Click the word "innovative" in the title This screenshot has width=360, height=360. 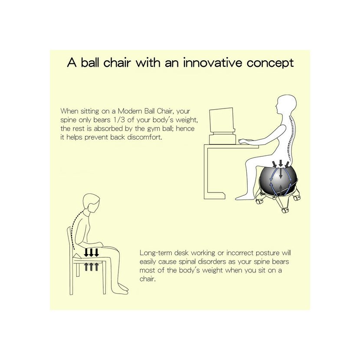(213, 63)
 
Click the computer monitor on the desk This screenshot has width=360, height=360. (221, 120)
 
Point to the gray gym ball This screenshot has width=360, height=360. (278, 181)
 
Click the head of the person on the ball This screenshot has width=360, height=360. (286, 105)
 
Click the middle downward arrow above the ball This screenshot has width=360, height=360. (281, 163)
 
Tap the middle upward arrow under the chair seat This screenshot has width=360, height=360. (91, 267)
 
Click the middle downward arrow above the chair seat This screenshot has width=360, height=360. (91, 252)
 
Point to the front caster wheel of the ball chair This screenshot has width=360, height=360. (285, 210)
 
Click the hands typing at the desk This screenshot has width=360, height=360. (243, 141)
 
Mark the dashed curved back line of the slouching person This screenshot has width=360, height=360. (75, 229)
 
